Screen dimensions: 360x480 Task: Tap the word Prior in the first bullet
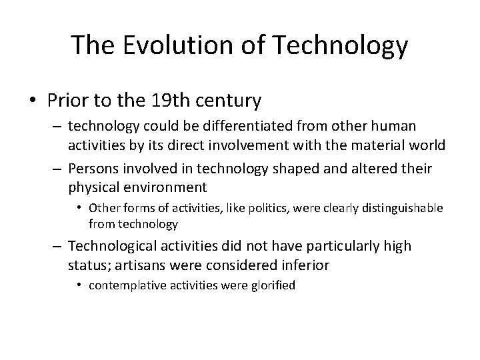pos(65,101)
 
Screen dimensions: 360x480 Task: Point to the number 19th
pos(165,101)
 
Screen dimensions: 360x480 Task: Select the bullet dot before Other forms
pos(79,208)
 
